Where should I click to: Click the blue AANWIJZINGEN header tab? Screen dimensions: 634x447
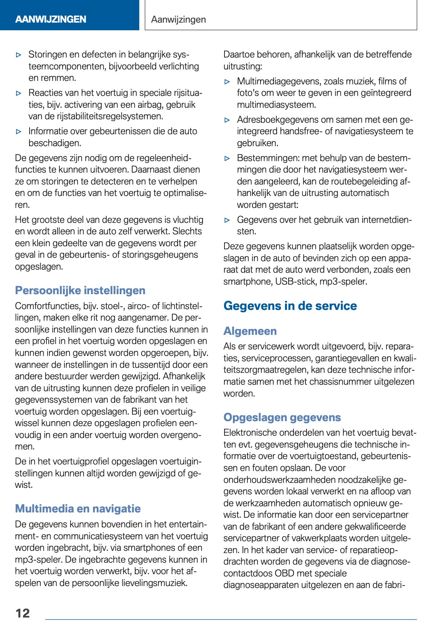click(x=51, y=19)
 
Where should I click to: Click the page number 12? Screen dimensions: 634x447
click(x=23, y=613)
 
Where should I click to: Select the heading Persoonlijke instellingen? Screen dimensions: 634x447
click(x=80, y=290)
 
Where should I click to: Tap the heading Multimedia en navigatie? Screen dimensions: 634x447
click(x=78, y=509)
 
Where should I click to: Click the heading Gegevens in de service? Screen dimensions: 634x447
click(x=290, y=306)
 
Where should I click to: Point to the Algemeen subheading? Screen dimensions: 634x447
click(x=250, y=331)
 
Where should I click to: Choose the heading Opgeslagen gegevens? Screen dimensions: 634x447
click(x=282, y=417)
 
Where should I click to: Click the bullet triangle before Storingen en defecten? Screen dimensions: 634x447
click(x=19, y=55)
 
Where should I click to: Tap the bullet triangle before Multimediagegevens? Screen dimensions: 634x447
click(x=228, y=82)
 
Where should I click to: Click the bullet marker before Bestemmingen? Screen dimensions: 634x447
click(x=228, y=158)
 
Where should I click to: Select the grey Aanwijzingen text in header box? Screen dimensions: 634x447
click(x=178, y=20)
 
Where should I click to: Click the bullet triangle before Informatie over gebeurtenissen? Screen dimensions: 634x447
click(x=19, y=132)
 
